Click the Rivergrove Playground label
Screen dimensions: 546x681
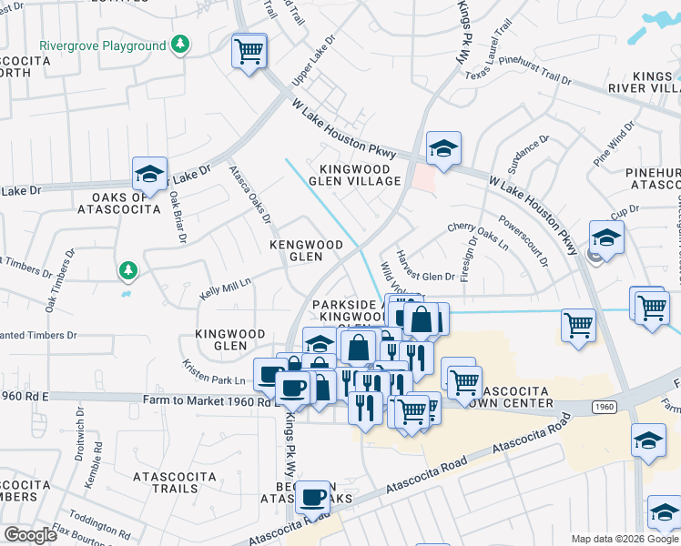102,45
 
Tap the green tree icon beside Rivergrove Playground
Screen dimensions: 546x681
181,45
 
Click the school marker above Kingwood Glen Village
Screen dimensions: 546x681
443,148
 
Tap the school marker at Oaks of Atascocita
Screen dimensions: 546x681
150,173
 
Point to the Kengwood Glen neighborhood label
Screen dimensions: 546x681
306,251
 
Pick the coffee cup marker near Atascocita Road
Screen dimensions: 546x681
312,498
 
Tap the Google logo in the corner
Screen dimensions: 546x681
30,535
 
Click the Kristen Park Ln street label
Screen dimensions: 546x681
215,371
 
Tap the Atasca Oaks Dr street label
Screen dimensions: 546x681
249,194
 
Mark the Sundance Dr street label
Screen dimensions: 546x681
529,155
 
